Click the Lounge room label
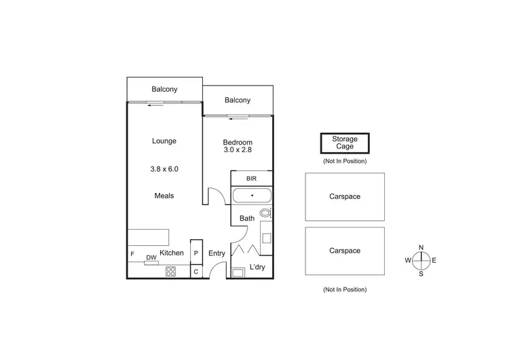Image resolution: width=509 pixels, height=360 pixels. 164,141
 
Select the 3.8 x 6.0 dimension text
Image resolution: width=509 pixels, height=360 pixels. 164,168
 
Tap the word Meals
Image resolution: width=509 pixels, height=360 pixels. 164,196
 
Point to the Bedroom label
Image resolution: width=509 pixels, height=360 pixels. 238,142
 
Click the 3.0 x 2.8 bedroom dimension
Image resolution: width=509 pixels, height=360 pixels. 238,151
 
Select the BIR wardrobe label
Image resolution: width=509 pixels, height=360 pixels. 251,179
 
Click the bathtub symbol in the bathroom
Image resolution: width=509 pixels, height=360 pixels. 252,196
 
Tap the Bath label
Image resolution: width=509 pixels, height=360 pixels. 246,219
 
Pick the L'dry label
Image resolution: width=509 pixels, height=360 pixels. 257,267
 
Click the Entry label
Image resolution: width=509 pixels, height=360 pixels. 216,253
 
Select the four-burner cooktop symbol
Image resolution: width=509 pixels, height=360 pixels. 170,271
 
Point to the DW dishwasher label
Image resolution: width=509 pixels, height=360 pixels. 151,257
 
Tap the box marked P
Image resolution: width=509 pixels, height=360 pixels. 196,253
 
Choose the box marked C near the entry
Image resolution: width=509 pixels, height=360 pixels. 196,272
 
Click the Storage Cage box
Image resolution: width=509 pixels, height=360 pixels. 344,143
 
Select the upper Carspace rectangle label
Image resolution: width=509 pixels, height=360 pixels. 345,196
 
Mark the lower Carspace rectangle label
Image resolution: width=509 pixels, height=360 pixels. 345,251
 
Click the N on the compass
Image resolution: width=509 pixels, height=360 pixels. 421,247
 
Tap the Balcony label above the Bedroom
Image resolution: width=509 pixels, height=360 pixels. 238,101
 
